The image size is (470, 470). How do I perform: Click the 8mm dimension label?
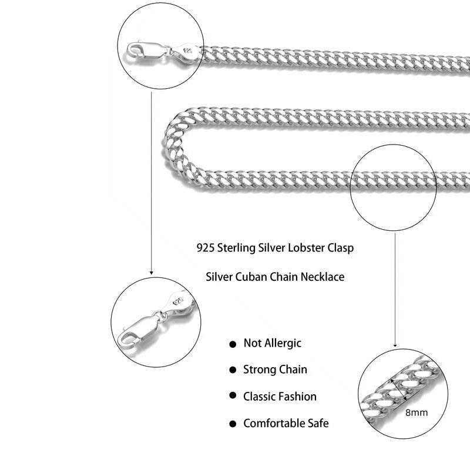417,412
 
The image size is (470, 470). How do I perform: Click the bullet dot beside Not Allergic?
232,344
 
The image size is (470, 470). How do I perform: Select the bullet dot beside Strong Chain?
232,370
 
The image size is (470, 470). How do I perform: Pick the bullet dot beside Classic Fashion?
232,397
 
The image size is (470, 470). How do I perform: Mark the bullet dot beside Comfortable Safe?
232,423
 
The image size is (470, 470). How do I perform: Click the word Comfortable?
273,423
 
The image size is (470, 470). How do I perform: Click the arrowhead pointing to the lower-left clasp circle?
152,272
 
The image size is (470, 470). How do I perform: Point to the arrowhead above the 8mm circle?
395,345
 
